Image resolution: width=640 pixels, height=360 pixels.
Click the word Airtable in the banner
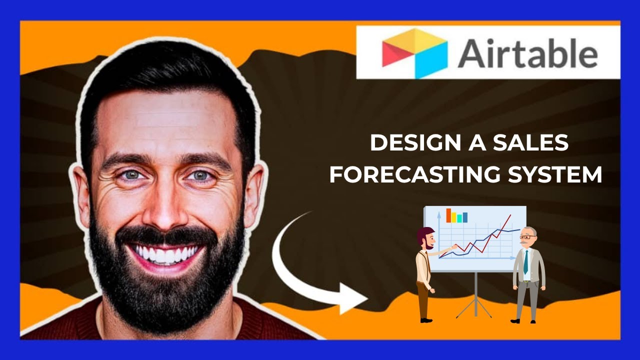(x=527, y=53)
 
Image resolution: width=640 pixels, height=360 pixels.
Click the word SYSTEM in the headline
(x=552, y=175)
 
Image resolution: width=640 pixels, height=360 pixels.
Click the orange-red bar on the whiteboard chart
(x=448, y=215)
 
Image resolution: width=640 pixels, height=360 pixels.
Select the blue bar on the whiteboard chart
(x=465, y=217)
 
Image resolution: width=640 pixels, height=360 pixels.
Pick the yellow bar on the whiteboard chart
(x=454, y=217)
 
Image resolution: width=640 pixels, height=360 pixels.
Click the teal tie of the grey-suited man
(x=526, y=261)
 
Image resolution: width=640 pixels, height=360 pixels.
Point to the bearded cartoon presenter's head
(x=425, y=236)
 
